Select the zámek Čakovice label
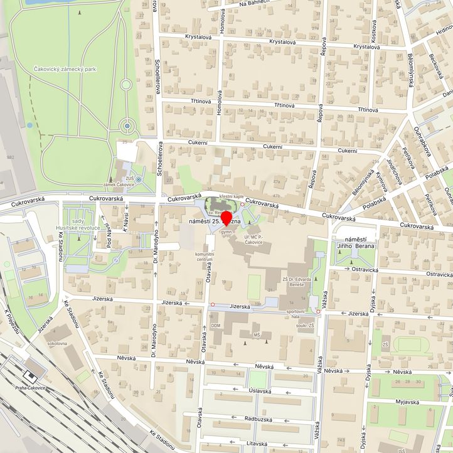pyautogui.click(x=119, y=184)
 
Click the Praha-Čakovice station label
pyautogui.click(x=29, y=388)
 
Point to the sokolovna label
pyautogui.click(x=57, y=344)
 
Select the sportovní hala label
pyautogui.click(x=296, y=311)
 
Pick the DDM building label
pyautogui.click(x=216, y=326)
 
